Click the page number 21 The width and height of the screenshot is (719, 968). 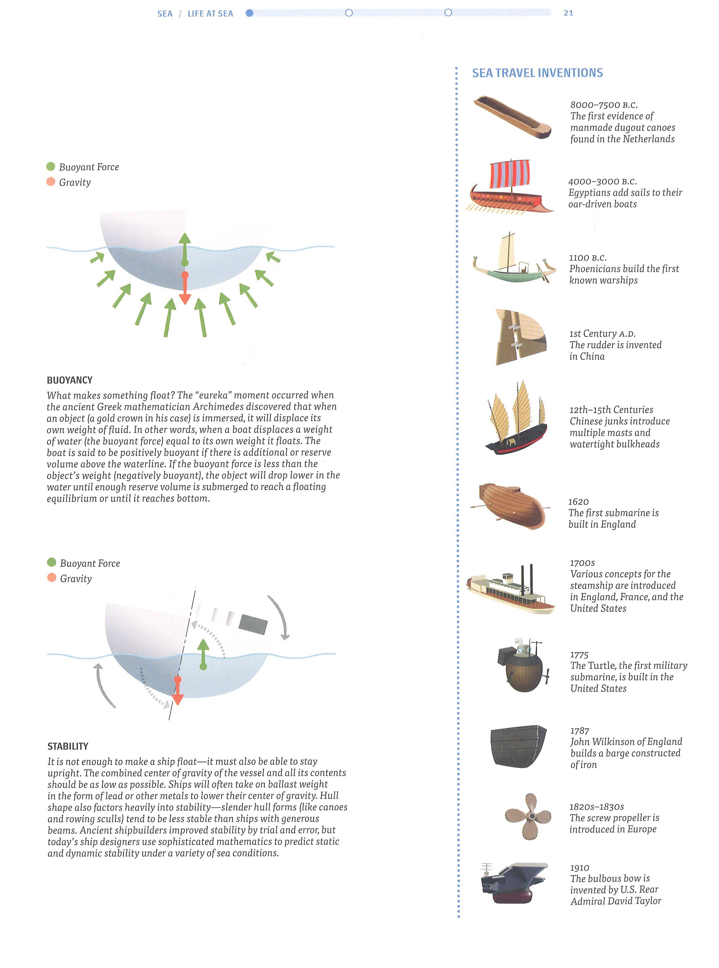pyautogui.click(x=568, y=13)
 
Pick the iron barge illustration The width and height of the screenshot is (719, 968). pyautogui.click(x=518, y=746)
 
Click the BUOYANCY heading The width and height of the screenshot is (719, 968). pyautogui.click(x=70, y=380)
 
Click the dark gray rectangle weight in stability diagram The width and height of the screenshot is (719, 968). pyautogui.click(x=253, y=623)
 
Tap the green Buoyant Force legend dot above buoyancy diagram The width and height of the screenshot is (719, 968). pyautogui.click(x=50, y=166)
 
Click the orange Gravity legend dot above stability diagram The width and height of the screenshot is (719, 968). pyautogui.click(x=52, y=578)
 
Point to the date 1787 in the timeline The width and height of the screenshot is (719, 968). pyautogui.click(x=580, y=731)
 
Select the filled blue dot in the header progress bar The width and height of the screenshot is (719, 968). pyautogui.click(x=249, y=13)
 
